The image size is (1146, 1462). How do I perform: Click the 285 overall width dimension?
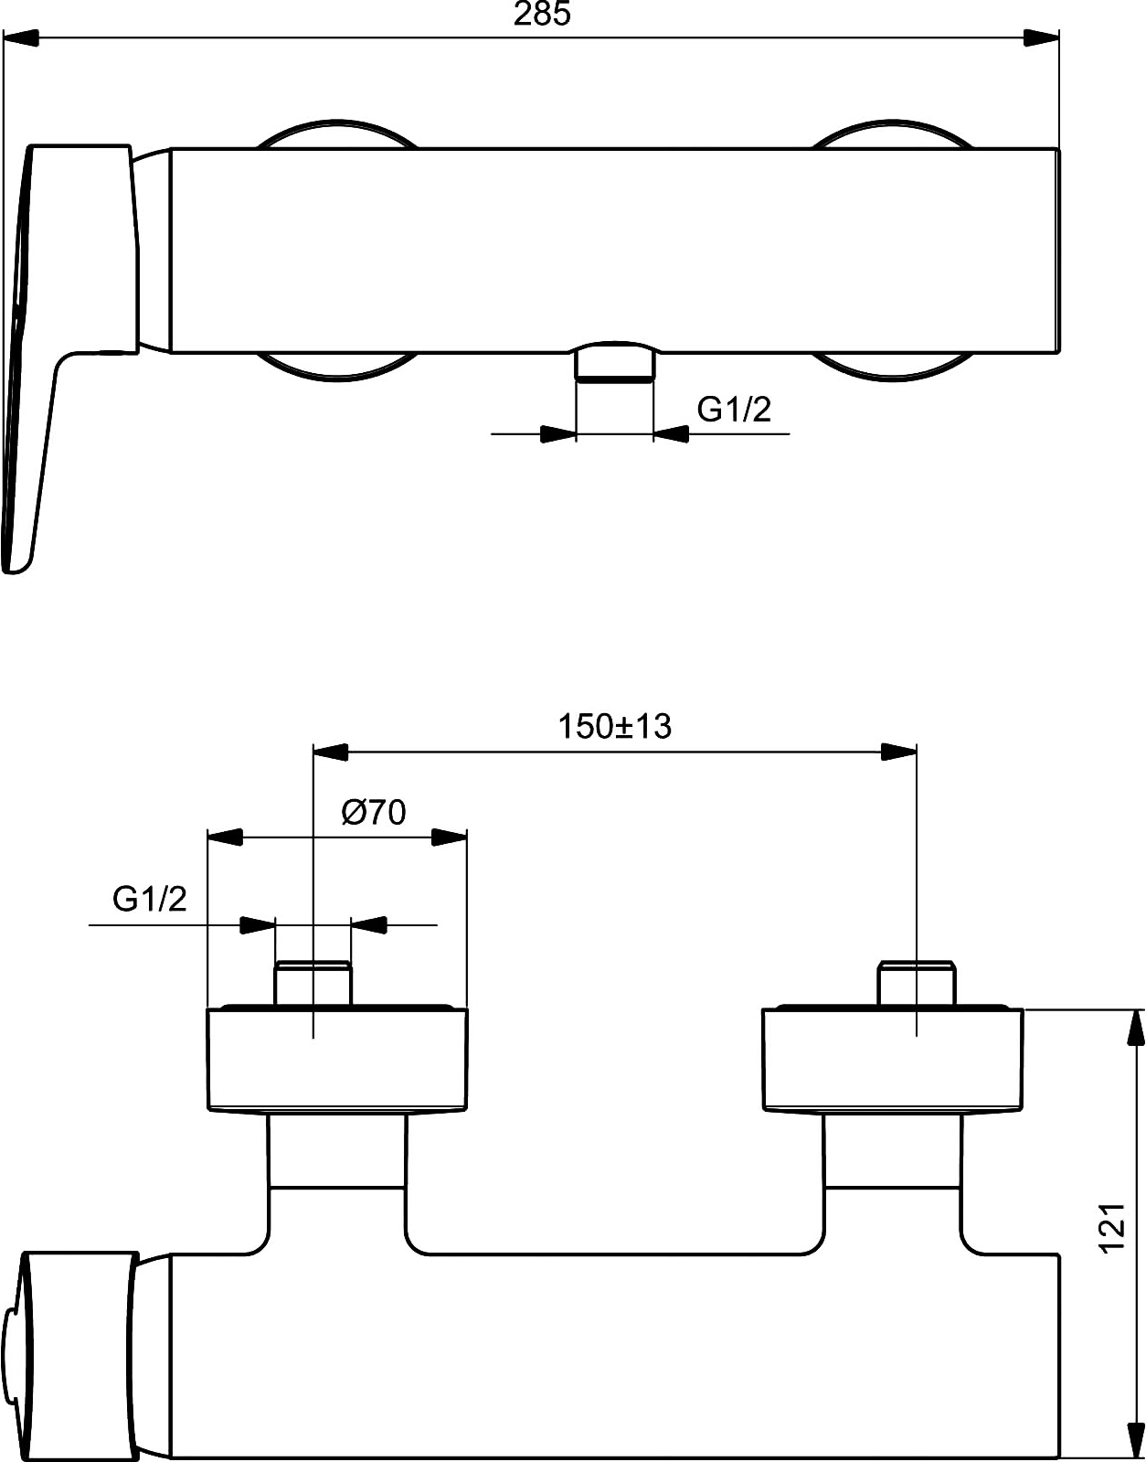(x=542, y=14)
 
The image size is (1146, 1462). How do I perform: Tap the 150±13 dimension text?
(x=615, y=727)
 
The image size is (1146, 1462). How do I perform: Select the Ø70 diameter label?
(x=374, y=813)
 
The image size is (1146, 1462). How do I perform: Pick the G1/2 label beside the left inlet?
(x=149, y=899)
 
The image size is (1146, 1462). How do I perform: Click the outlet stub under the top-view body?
(x=615, y=367)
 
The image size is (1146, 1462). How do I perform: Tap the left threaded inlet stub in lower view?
(x=313, y=983)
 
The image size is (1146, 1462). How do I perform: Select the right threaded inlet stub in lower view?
(x=917, y=983)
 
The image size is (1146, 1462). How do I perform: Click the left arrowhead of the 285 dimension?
(x=20, y=37)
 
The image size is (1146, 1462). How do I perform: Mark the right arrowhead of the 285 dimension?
(x=1042, y=37)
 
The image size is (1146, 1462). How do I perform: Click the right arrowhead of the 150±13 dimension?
(x=898, y=752)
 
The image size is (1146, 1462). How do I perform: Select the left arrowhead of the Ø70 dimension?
(x=225, y=838)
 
